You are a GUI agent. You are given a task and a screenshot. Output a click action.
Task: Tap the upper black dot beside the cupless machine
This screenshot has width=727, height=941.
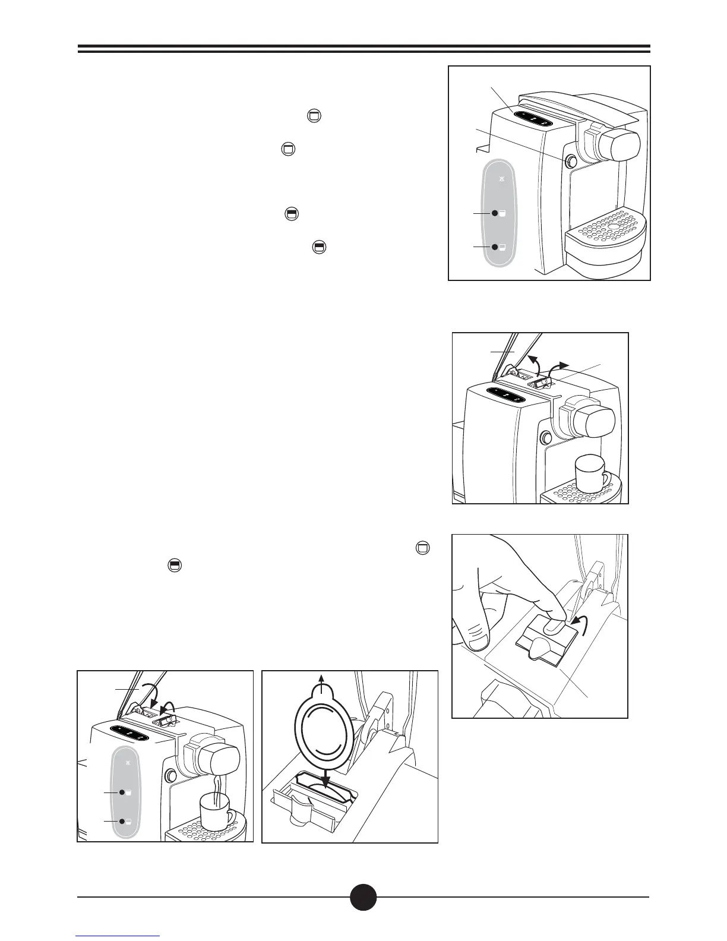pos(494,213)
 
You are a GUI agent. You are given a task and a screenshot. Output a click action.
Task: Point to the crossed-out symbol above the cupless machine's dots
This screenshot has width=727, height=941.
pos(502,178)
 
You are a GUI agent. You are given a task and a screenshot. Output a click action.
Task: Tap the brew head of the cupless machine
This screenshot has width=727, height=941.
pos(618,143)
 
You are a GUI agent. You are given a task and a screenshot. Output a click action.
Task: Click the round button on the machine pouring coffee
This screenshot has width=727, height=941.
pos(171,776)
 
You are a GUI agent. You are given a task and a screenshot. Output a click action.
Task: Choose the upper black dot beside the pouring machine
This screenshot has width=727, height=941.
pos(121,792)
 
